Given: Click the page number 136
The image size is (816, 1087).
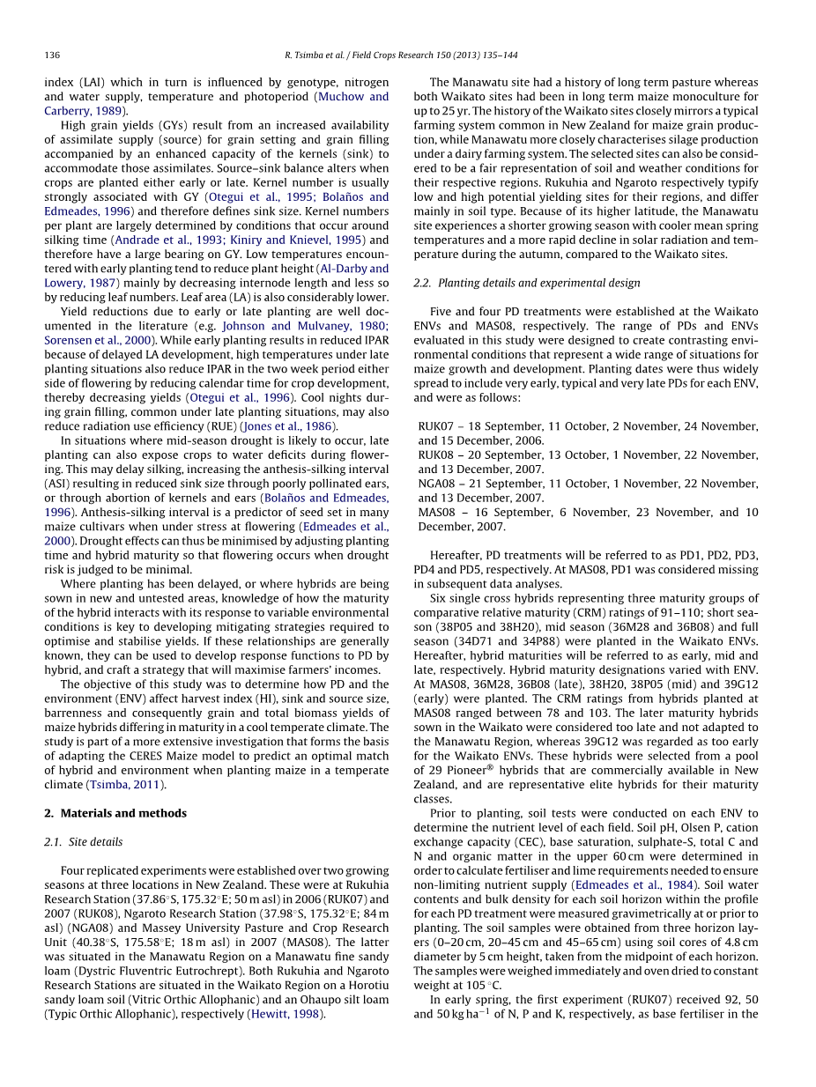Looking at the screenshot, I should click(x=52, y=55).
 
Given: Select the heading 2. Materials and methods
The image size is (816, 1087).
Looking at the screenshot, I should click(x=115, y=813).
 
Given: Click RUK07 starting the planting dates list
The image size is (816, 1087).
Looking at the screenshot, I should click(x=435, y=426).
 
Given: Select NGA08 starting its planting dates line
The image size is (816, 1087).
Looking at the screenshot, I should click(x=436, y=484).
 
